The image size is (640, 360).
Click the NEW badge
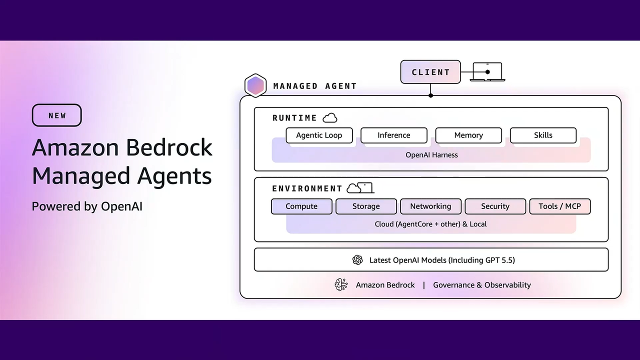click(56, 115)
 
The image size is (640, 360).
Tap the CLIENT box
click(430, 72)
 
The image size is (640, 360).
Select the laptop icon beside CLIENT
click(487, 72)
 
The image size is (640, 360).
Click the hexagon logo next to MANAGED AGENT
click(255, 85)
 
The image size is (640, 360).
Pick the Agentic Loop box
click(319, 135)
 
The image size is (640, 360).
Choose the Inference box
click(393, 135)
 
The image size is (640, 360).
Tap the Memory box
click(468, 135)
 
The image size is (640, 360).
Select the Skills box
click(543, 135)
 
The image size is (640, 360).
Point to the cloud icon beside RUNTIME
click(330, 118)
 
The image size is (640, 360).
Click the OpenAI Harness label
click(431, 155)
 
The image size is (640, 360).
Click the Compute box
click(301, 206)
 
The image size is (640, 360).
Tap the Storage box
click(366, 206)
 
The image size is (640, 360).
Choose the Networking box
click(430, 206)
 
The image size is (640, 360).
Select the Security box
click(495, 206)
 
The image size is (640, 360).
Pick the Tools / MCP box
click(559, 206)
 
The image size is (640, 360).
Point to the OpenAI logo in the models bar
click(357, 260)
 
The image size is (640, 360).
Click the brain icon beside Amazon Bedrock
click(341, 285)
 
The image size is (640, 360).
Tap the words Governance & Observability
click(481, 285)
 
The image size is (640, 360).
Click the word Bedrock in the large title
click(169, 147)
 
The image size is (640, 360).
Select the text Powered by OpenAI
click(87, 206)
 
